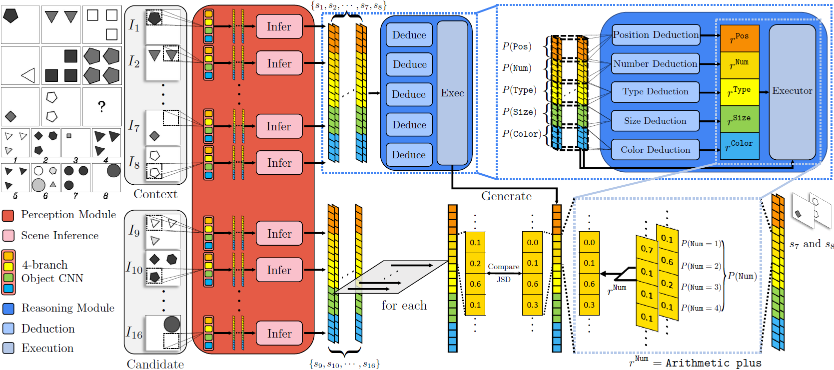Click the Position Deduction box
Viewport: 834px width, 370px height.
[x=656, y=35]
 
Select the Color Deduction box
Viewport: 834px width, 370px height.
[x=655, y=150]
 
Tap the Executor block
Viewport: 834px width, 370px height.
[x=792, y=91]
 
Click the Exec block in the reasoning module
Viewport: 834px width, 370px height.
[x=452, y=93]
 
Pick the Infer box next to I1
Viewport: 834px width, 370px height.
[x=279, y=26]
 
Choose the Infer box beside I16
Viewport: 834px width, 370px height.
[x=279, y=334]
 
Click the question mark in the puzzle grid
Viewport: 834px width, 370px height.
[x=102, y=106]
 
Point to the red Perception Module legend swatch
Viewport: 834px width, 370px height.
[x=8, y=215]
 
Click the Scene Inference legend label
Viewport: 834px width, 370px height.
[x=60, y=236]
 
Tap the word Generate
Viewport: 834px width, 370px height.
[x=506, y=196]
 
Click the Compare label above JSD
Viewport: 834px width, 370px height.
[x=503, y=267]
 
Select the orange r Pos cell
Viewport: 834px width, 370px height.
[x=740, y=38]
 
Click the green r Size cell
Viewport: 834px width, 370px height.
[x=740, y=119]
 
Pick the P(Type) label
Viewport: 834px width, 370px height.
[x=519, y=90]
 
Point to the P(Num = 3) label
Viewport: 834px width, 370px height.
[x=701, y=287]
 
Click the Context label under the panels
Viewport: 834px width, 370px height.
[x=155, y=194]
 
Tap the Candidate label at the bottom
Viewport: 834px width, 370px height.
[x=155, y=365]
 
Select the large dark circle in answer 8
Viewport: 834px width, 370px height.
[x=114, y=171]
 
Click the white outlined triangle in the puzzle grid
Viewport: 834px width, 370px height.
[x=28, y=75]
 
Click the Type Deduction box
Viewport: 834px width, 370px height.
[x=655, y=92]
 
